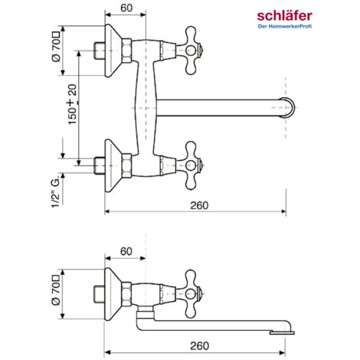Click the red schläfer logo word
point(284,16)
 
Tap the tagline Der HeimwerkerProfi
point(285,26)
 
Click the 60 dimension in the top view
point(126,8)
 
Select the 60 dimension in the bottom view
point(126,251)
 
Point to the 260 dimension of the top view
point(199,205)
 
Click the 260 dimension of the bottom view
point(199,346)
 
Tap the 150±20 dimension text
point(73,104)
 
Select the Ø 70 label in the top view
point(56,47)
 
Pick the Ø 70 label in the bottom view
point(56,290)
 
